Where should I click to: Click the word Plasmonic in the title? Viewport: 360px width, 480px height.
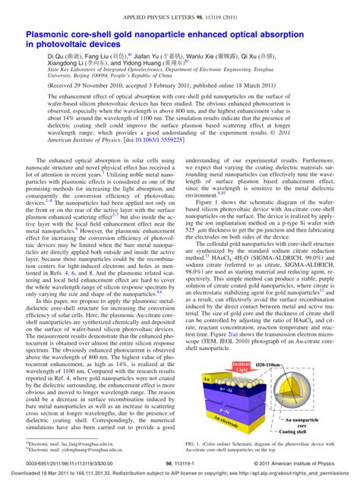pyautogui.click(x=52, y=35)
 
